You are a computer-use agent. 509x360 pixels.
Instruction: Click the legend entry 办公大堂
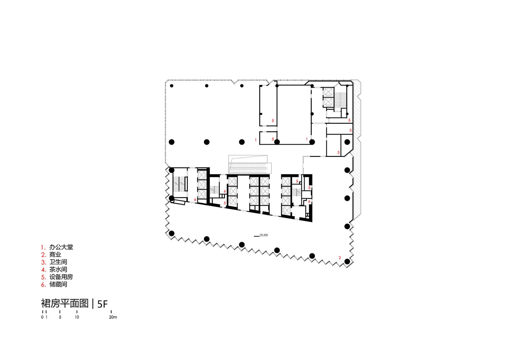(x=61, y=247)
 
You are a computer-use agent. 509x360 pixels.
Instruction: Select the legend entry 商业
(x=55, y=255)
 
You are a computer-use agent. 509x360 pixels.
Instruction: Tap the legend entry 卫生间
(x=58, y=262)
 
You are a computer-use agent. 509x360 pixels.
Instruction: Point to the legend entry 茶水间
(x=58, y=269)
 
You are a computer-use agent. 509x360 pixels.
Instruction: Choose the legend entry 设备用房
(x=61, y=277)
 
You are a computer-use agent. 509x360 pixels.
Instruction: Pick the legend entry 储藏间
(x=58, y=285)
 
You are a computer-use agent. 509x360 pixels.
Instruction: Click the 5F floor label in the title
(x=102, y=304)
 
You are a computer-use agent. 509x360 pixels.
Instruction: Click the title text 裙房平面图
(x=65, y=303)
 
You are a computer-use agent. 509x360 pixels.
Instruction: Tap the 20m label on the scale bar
(x=113, y=317)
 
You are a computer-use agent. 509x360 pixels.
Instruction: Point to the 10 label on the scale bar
(x=77, y=317)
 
